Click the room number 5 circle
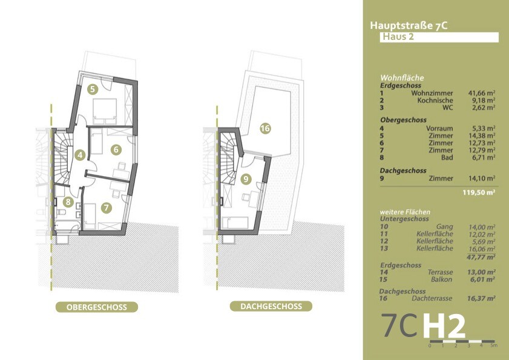point(92,89)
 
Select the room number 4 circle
point(80,155)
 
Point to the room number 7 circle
point(107,208)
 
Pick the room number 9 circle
point(245,178)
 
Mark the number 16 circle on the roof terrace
point(264,128)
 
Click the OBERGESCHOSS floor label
point(96,307)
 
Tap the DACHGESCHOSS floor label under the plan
point(271,306)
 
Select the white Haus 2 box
point(439,37)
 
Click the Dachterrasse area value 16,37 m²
point(482,298)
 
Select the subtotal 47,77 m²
point(482,256)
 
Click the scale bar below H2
point(462,341)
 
